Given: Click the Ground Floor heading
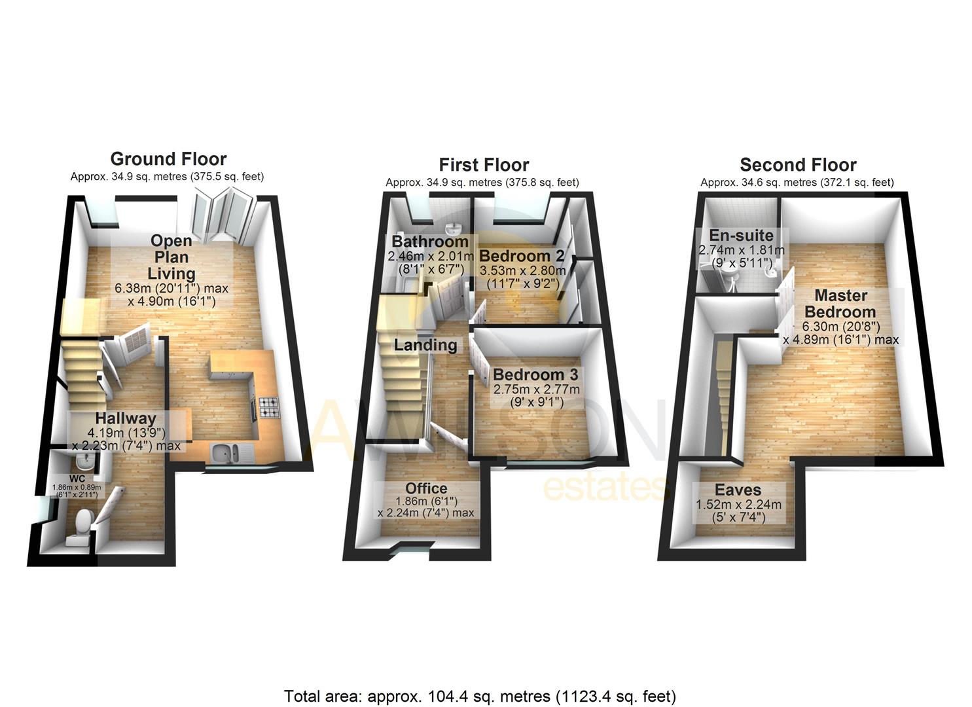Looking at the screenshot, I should pos(168,159).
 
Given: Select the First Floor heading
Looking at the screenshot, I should pos(484,165).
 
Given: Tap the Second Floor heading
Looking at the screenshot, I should pos(798,165).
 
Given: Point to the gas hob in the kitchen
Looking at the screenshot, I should pos(268,408).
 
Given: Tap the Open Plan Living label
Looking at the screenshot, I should pos(171,257).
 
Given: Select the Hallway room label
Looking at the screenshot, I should pos(126,418).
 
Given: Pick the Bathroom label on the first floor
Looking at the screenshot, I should pos(430,242).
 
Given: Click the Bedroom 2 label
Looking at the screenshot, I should pos(522,256).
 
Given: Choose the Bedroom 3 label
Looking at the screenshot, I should pos(535,375).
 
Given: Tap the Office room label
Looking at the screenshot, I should pos(426,488).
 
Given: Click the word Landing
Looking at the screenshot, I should pos(425,345).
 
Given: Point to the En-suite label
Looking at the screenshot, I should pos(741,236).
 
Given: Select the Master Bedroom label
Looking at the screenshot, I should pos(840,304).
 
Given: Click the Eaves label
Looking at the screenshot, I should pos(738,490).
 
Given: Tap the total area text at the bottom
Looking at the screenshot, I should pos(480,696).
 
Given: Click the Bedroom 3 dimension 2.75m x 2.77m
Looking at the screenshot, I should pos(536,390).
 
